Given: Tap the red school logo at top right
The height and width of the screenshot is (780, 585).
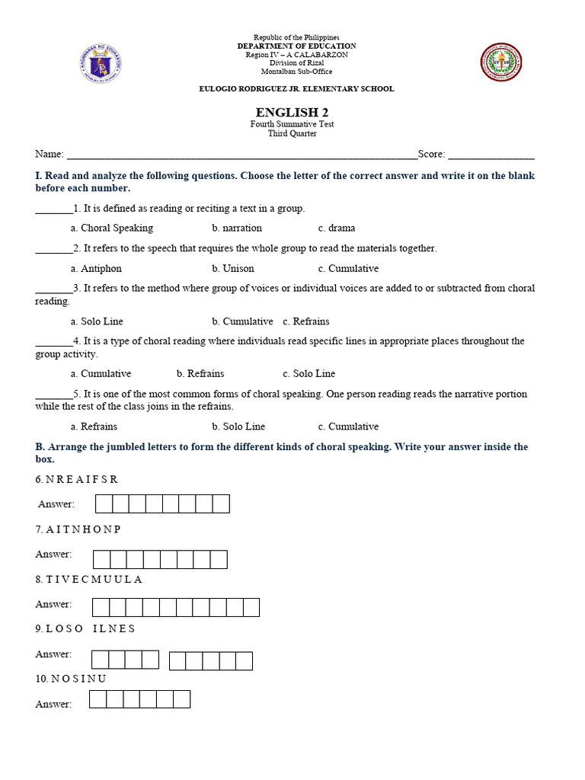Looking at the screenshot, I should point(501,62).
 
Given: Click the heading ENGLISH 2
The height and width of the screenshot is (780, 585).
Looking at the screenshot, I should point(292,113).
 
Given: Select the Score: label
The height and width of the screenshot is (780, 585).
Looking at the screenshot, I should point(431,154).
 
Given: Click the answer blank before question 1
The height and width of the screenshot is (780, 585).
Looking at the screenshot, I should point(53,209).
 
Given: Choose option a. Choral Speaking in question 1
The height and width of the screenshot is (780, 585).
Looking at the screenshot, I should point(111,228).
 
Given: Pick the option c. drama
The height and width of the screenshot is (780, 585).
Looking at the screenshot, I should point(337,228).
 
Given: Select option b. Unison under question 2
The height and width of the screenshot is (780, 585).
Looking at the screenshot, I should point(233,268).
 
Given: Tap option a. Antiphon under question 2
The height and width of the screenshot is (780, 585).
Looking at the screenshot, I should point(96,268).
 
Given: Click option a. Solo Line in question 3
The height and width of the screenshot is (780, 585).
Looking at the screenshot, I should point(97,321).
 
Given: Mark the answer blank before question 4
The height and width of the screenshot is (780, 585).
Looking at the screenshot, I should point(53,341).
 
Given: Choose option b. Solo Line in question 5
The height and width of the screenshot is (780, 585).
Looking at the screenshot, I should point(238,427).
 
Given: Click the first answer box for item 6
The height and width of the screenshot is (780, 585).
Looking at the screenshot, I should point(104,503).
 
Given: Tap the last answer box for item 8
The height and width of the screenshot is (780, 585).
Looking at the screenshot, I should point(251,607).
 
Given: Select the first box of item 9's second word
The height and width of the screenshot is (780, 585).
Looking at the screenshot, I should point(177,660).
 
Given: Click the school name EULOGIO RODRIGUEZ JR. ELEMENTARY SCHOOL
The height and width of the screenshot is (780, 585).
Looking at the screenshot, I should point(296,89).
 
